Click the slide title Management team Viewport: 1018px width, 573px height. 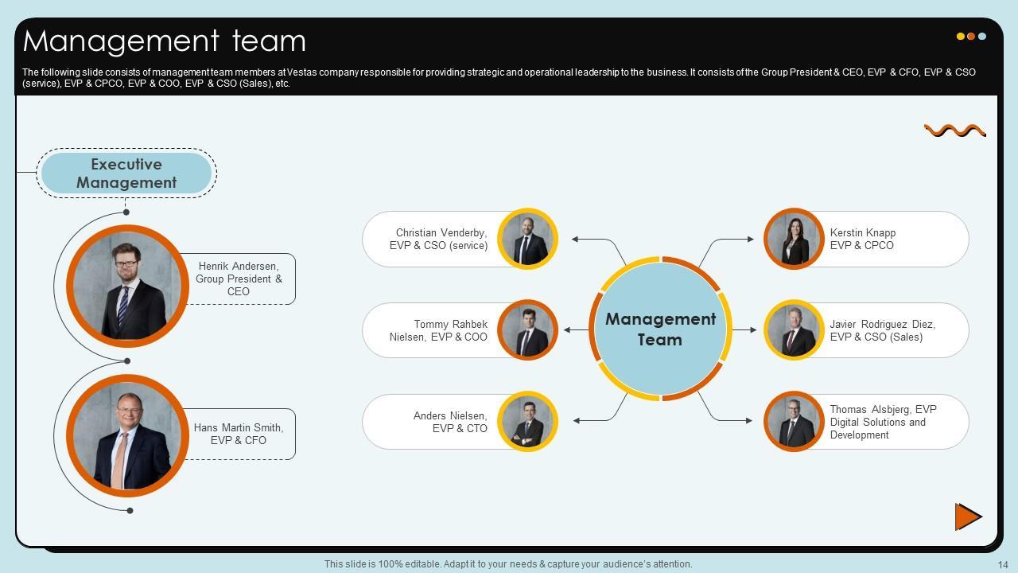pos(165,41)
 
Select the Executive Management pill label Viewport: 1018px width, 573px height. pos(126,173)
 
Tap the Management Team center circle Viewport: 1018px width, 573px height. pos(660,329)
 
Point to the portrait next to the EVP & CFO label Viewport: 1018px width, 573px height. pos(127,436)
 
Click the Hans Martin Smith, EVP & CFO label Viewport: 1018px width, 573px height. pos(239,434)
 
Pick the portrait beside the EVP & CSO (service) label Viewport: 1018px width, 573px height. pos(527,239)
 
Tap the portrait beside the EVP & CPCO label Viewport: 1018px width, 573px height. pos(794,239)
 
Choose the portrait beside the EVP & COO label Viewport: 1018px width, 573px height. pos(527,330)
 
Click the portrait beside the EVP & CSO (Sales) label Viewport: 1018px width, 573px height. pos(794,330)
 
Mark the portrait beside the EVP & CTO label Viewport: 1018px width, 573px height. pos(527,422)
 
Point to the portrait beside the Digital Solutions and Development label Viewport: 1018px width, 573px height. pos(794,422)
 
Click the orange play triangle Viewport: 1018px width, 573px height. pos(968,516)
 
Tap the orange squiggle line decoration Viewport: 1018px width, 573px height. pos(954,131)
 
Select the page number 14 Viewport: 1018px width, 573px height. pos(1002,564)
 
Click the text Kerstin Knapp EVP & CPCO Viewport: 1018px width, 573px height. pos(863,239)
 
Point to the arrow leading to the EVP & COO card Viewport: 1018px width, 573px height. pos(577,329)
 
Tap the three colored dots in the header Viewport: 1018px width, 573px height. pos(971,37)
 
